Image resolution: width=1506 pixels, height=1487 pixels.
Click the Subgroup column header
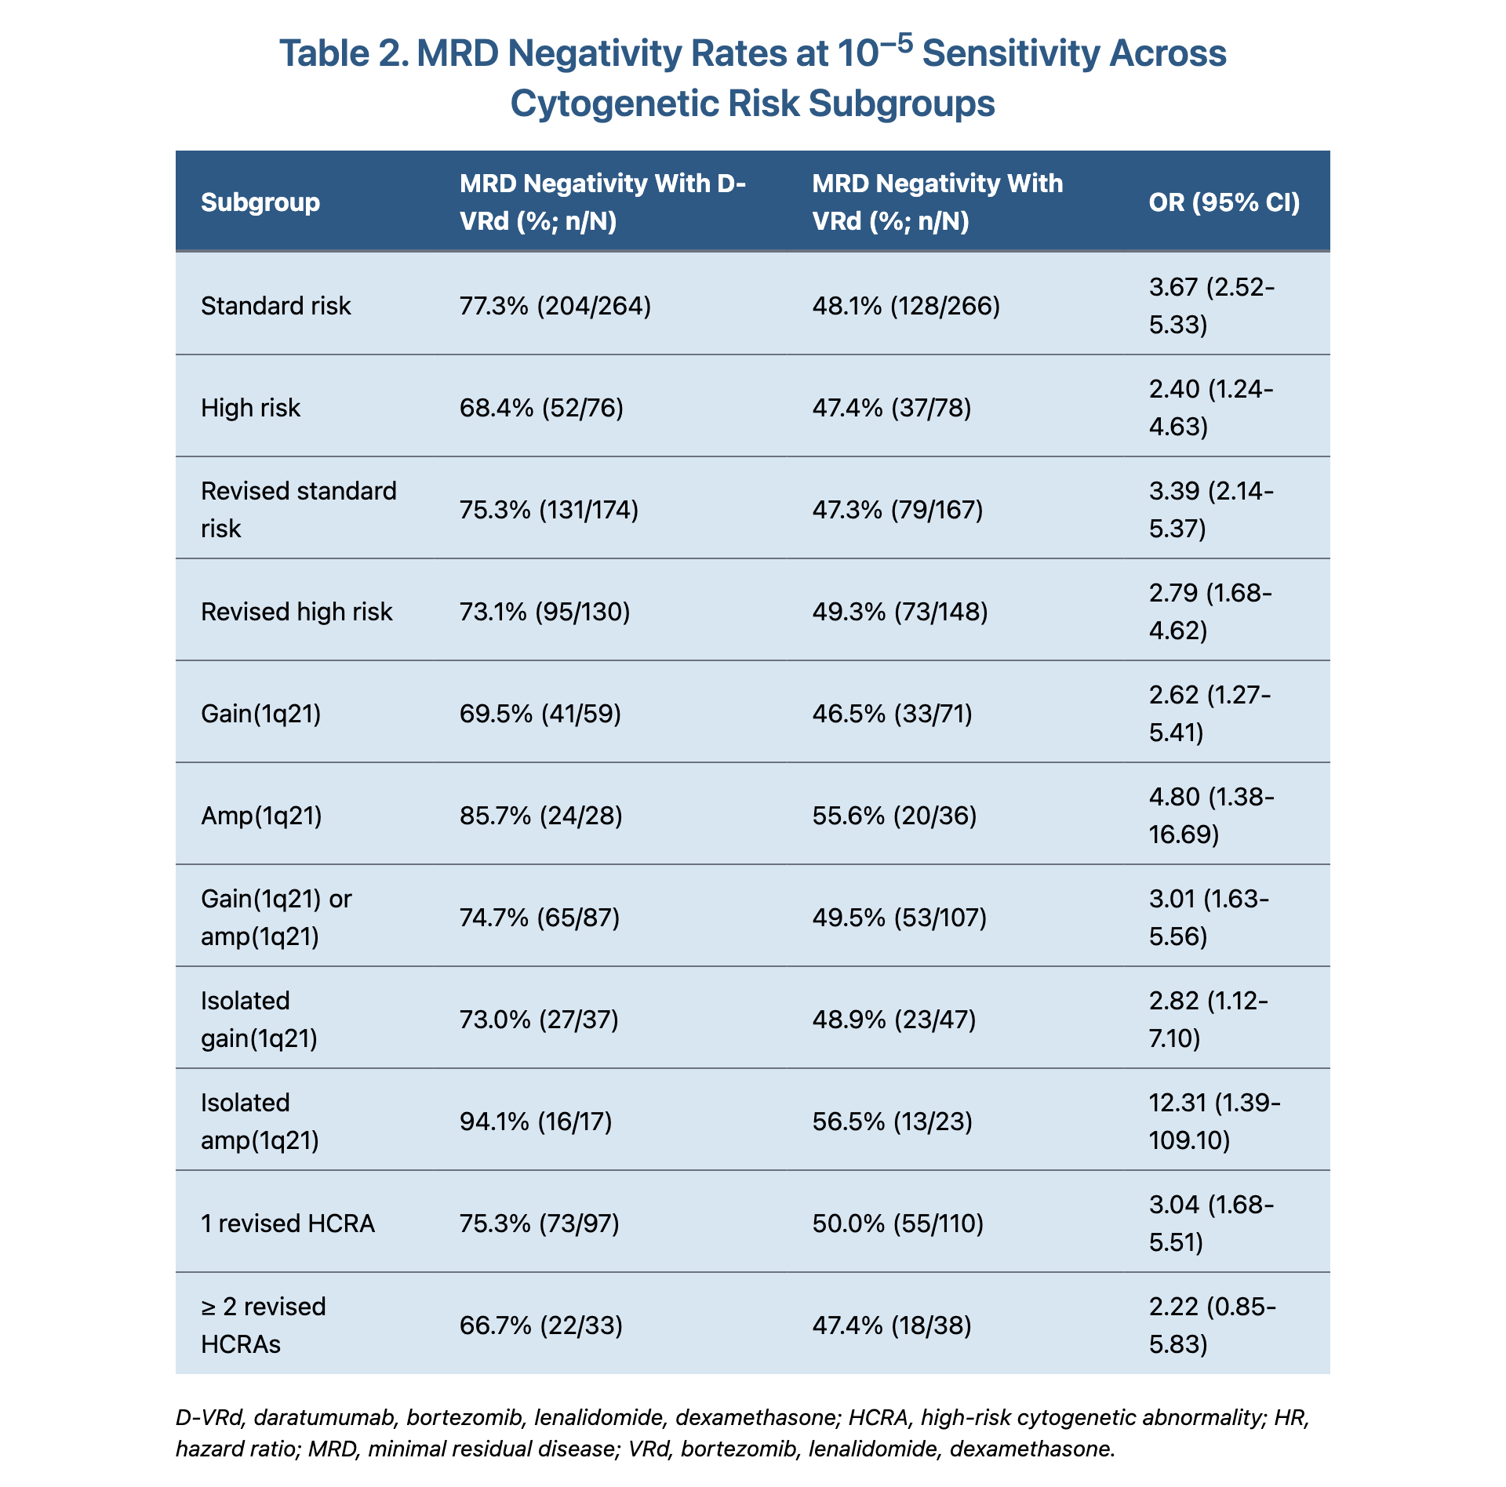point(260,202)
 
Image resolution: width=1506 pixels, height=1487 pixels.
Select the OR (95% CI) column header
point(1224,202)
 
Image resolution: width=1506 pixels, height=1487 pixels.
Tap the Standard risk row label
point(275,305)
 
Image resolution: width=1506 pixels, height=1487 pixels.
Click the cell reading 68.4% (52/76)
point(541,408)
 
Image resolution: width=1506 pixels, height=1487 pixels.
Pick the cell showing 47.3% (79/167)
point(897,510)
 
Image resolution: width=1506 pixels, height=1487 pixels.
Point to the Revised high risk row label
point(296,612)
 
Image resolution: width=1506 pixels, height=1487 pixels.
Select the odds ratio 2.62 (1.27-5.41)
point(1210,713)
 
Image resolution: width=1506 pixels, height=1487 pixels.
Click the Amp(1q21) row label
point(261,816)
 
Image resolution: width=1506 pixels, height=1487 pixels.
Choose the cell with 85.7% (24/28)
point(540,816)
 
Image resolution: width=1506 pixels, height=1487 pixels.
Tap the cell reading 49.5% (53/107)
point(899,917)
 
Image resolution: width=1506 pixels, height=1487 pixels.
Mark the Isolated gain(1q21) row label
point(259,1019)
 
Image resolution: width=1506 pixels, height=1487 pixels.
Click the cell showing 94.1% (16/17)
point(536,1122)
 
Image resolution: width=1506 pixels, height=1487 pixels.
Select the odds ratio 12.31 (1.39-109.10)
point(1214,1121)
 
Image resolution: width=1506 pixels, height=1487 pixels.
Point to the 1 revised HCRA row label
point(288,1223)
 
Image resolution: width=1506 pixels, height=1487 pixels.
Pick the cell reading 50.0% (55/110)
point(897,1223)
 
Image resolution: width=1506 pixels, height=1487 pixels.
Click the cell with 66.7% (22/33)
point(540,1325)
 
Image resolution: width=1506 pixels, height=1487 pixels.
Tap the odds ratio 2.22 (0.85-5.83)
point(1212,1325)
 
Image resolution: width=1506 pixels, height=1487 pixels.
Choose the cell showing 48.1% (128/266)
point(906,305)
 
